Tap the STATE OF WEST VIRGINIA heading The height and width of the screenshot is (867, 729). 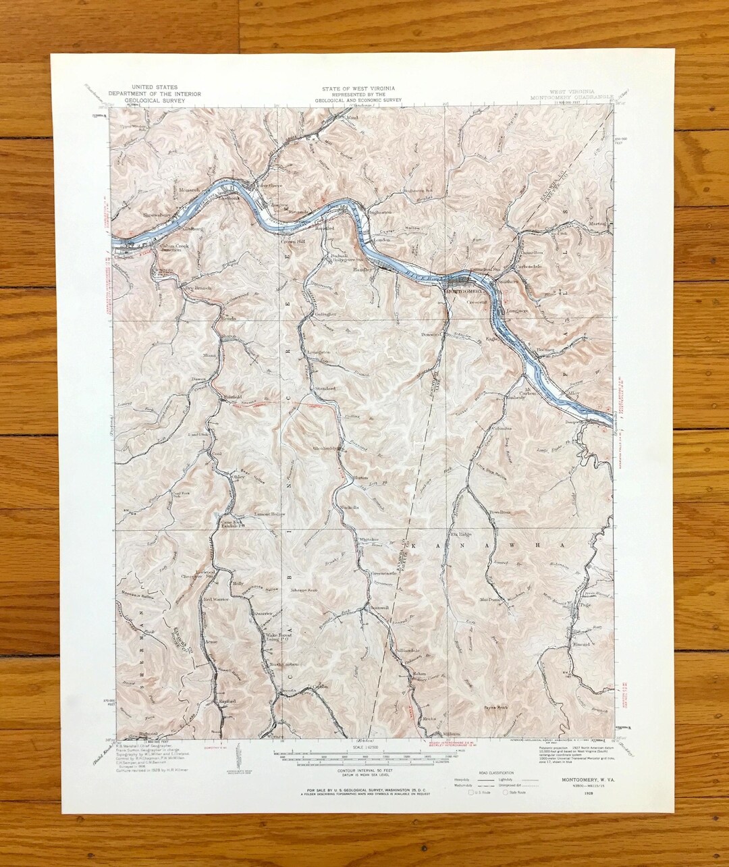click(358, 88)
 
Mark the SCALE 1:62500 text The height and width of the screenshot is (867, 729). click(362, 748)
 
